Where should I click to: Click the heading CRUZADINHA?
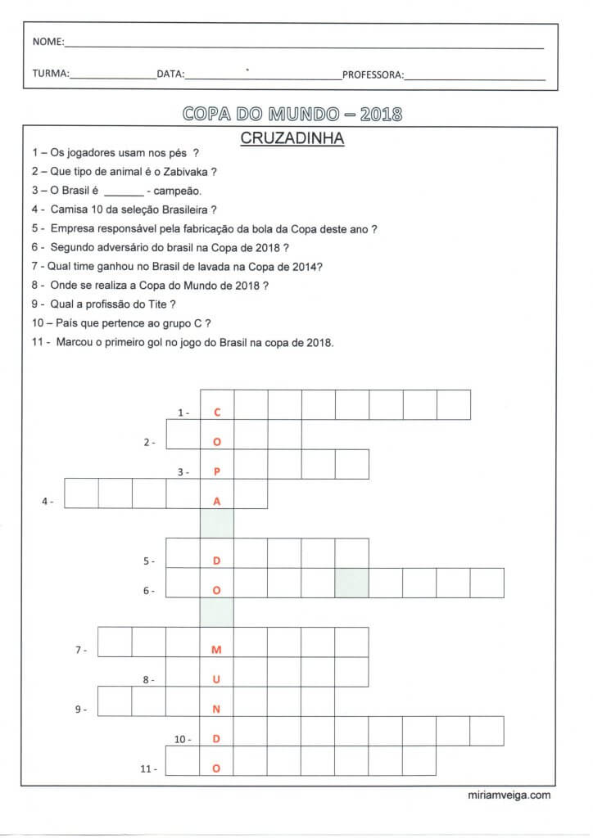[292, 139]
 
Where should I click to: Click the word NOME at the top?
[46, 42]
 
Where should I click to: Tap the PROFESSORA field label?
[372, 74]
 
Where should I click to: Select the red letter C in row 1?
[217, 412]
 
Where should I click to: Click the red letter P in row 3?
[217, 472]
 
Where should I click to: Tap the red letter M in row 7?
[217, 650]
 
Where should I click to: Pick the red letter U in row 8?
[217, 680]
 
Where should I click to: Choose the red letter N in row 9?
[217, 710]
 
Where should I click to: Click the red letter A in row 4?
[217, 502]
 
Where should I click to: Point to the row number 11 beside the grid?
[147, 768]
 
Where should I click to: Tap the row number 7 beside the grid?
[80, 650]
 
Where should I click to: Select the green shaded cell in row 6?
[351, 583]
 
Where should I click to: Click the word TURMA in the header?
[50, 74]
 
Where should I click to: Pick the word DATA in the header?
[170, 74]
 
